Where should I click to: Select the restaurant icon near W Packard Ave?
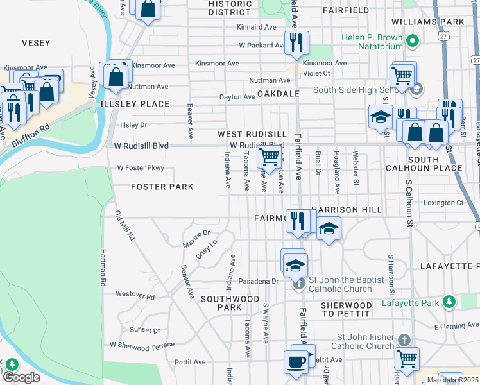(x=296, y=43)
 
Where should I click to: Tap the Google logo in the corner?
(x=22, y=377)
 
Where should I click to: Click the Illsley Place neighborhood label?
(x=134, y=103)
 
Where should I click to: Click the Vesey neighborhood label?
(x=35, y=42)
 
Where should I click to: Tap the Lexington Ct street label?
(x=443, y=203)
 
